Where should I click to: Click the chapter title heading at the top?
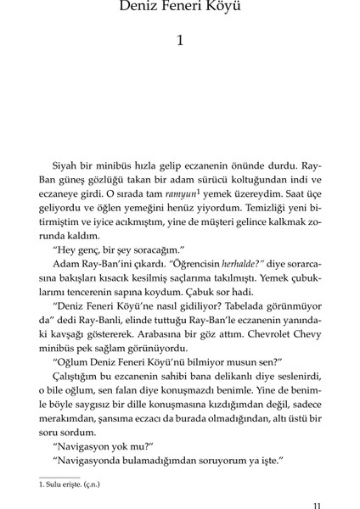point(179,11)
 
